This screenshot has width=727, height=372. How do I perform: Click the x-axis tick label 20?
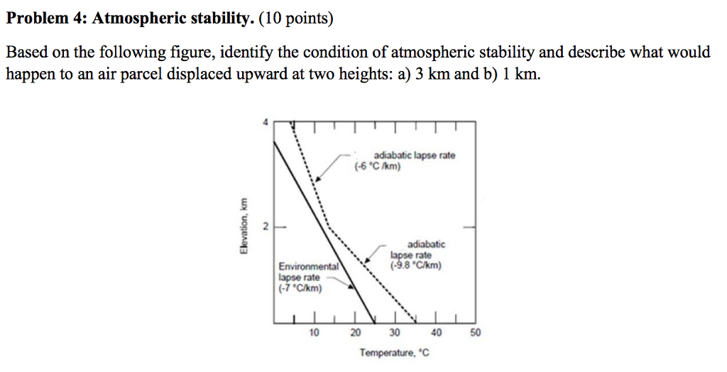click(x=356, y=332)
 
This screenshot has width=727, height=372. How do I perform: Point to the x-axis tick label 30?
click(x=395, y=332)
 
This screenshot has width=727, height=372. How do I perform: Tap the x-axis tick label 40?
click(x=436, y=332)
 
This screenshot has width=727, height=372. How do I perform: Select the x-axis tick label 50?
click(x=476, y=332)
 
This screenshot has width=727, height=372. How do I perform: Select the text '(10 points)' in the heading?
click(x=295, y=19)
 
